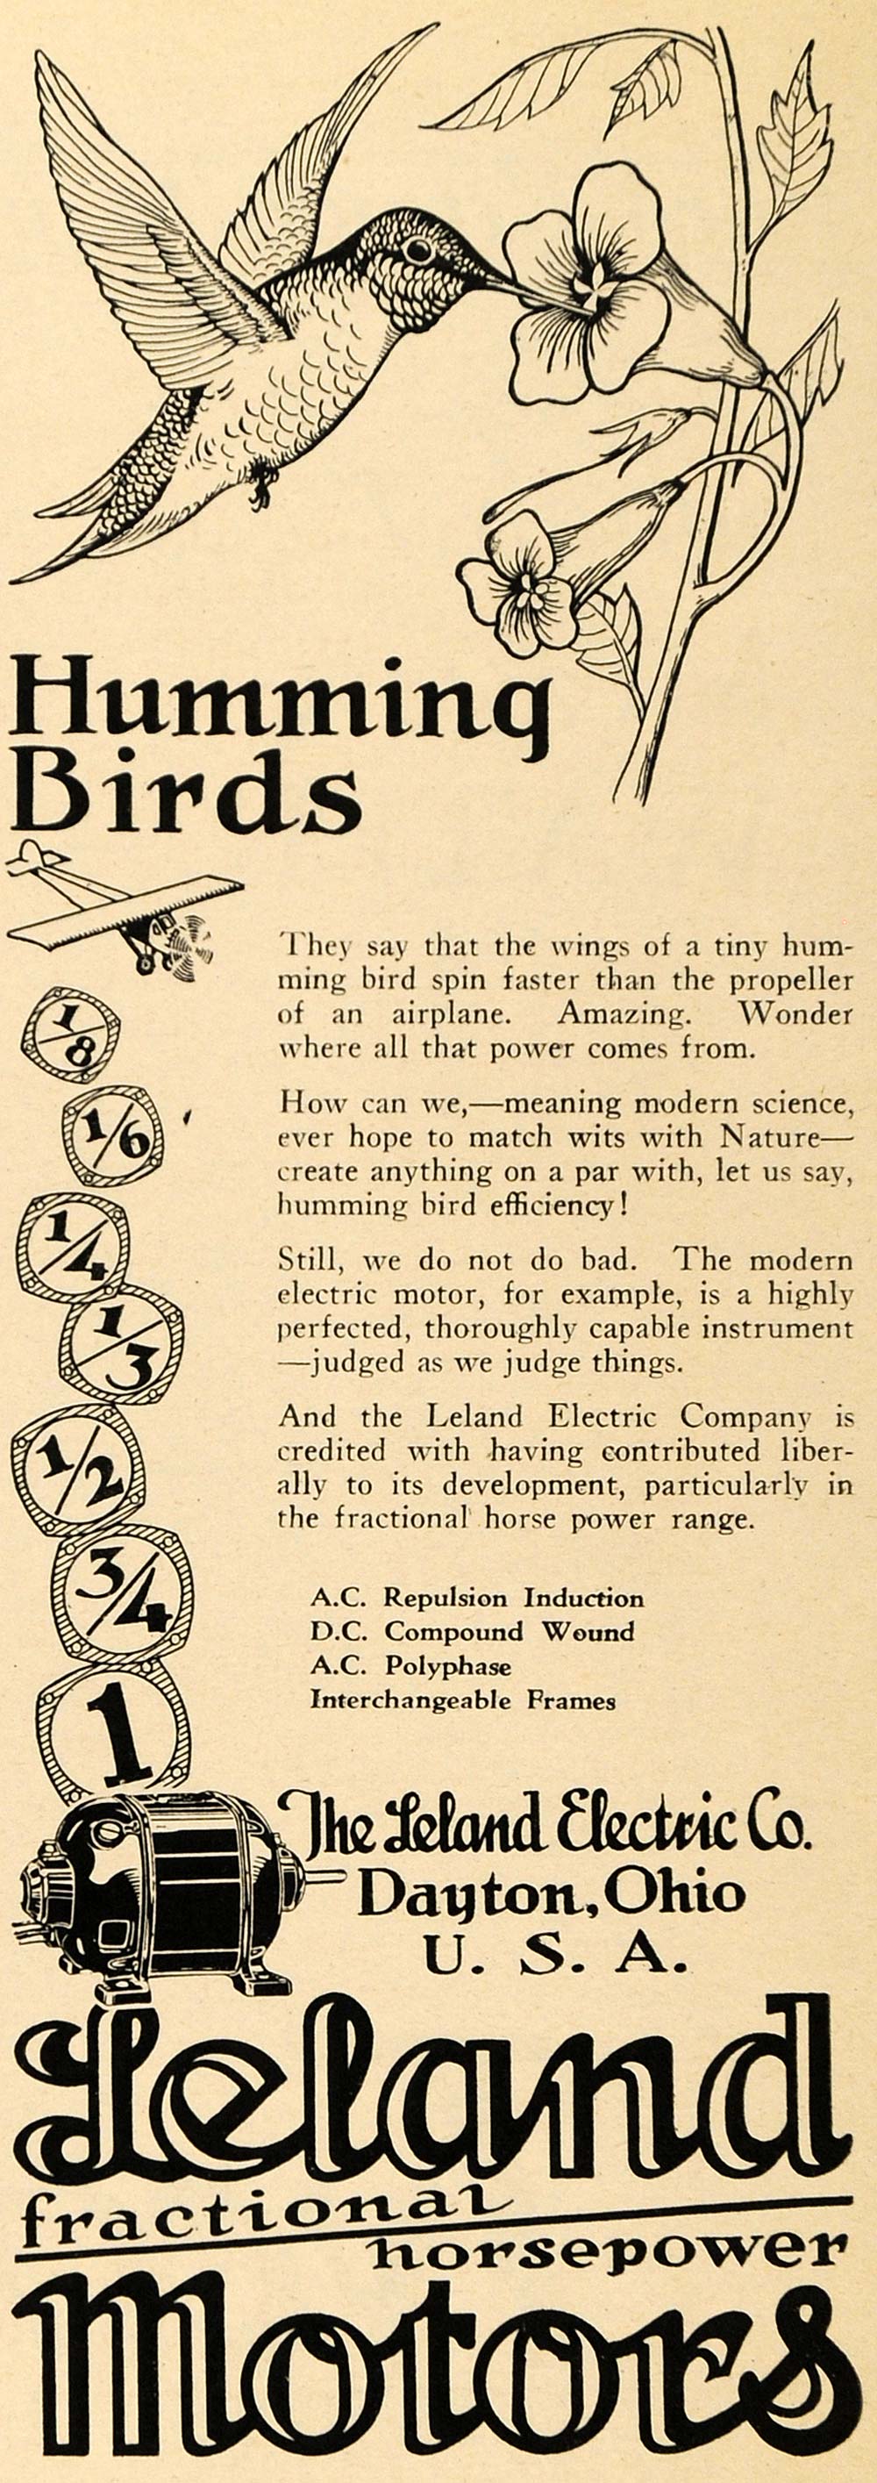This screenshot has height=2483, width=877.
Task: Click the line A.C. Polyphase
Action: (x=410, y=1664)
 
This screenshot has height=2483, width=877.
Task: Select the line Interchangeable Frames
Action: (x=461, y=1699)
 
